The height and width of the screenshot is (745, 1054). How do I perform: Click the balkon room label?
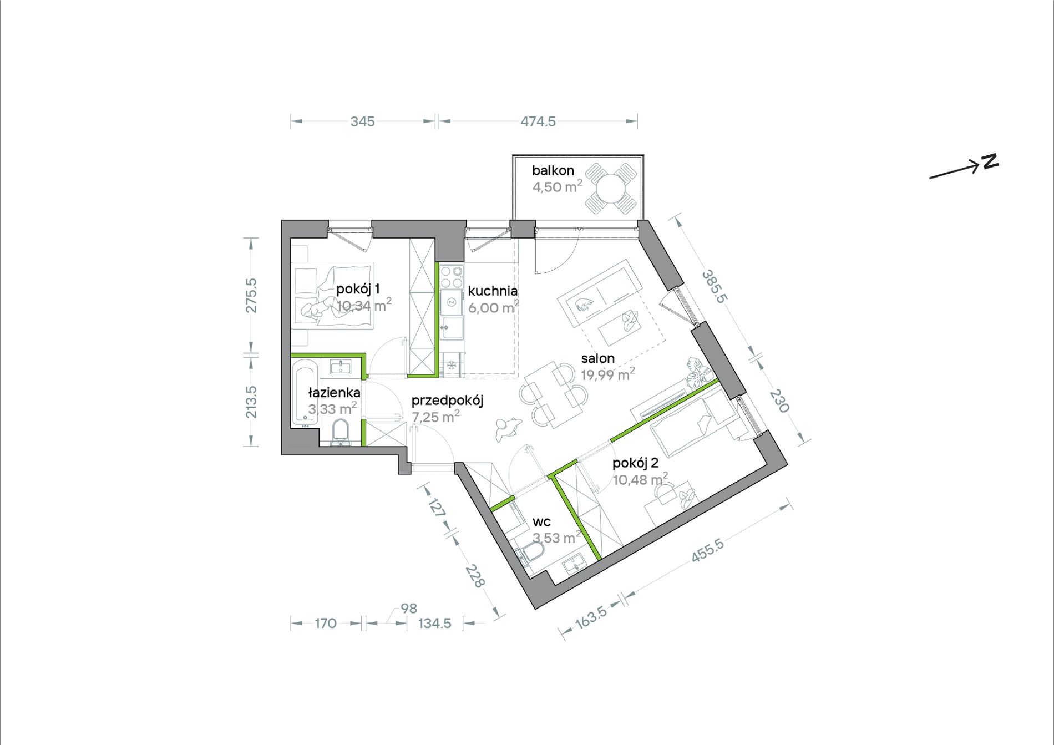(x=553, y=171)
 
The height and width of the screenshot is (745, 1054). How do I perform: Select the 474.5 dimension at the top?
(x=538, y=121)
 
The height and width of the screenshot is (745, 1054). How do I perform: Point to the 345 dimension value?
(x=362, y=121)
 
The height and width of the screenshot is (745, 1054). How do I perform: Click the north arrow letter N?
(x=990, y=161)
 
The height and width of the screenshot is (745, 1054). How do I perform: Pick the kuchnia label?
(x=493, y=291)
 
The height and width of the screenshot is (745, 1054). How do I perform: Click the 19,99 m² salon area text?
(x=608, y=374)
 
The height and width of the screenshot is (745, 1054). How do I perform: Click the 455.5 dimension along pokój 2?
(x=707, y=551)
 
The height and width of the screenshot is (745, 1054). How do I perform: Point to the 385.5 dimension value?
(x=714, y=286)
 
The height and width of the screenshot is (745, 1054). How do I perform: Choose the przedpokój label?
(x=447, y=401)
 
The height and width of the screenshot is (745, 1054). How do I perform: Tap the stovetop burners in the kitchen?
(x=452, y=277)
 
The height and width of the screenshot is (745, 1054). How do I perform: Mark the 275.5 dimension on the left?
(x=251, y=295)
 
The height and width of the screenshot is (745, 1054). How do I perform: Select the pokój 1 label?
(x=358, y=289)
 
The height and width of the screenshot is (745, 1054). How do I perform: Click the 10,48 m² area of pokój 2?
(x=640, y=479)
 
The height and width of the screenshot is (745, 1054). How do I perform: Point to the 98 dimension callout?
(x=409, y=609)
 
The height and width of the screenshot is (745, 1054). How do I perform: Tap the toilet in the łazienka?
(x=339, y=432)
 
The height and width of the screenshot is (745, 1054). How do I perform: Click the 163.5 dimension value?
(x=591, y=617)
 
